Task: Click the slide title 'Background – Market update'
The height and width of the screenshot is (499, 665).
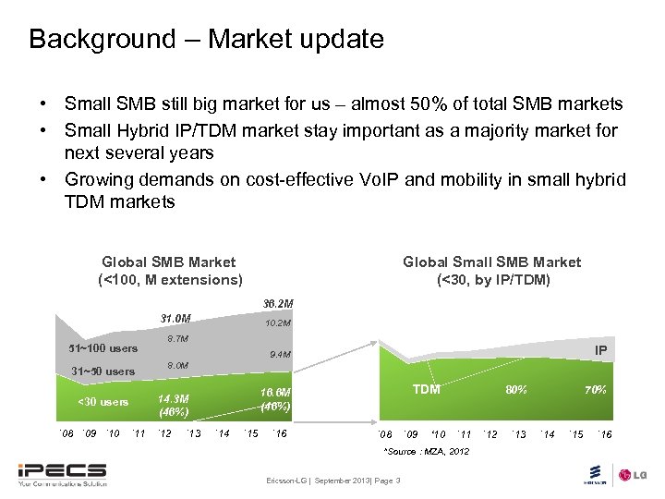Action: pos(205,39)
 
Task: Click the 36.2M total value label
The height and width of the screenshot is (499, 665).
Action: pos(277,303)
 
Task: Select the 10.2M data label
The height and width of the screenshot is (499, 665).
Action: pos(278,323)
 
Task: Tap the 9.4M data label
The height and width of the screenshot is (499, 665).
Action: pos(280,354)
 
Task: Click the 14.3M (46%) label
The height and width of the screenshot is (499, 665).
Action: pos(174,405)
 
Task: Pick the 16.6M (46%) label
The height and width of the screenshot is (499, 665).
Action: pos(275,399)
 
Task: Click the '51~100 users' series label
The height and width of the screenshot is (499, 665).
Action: pos(103,348)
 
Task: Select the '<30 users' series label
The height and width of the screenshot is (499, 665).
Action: pos(103,402)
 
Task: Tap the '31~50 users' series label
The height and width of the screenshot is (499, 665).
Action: pos(103,371)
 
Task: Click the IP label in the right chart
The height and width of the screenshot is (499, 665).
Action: pos(600,350)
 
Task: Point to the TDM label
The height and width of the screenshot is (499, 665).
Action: pos(426,389)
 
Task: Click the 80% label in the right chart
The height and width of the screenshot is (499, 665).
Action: pos(515,390)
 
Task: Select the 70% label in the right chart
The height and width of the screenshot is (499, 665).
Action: pos(595,390)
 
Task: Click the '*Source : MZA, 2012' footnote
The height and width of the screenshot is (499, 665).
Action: pos(426,451)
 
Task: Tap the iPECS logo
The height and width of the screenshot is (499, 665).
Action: pos(63,472)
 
